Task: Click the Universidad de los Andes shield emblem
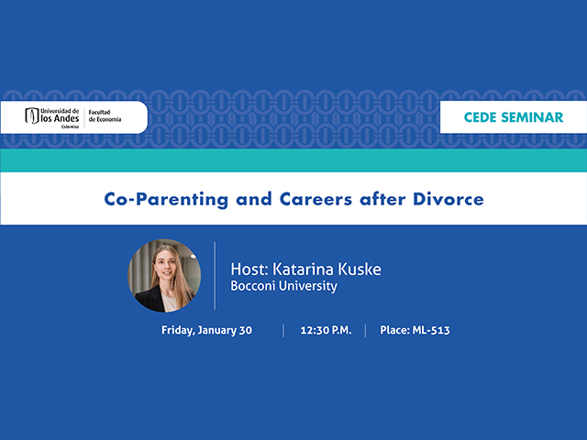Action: point(32,116)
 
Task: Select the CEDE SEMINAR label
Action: point(514,117)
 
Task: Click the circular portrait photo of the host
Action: point(165,276)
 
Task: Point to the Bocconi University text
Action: point(283,286)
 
